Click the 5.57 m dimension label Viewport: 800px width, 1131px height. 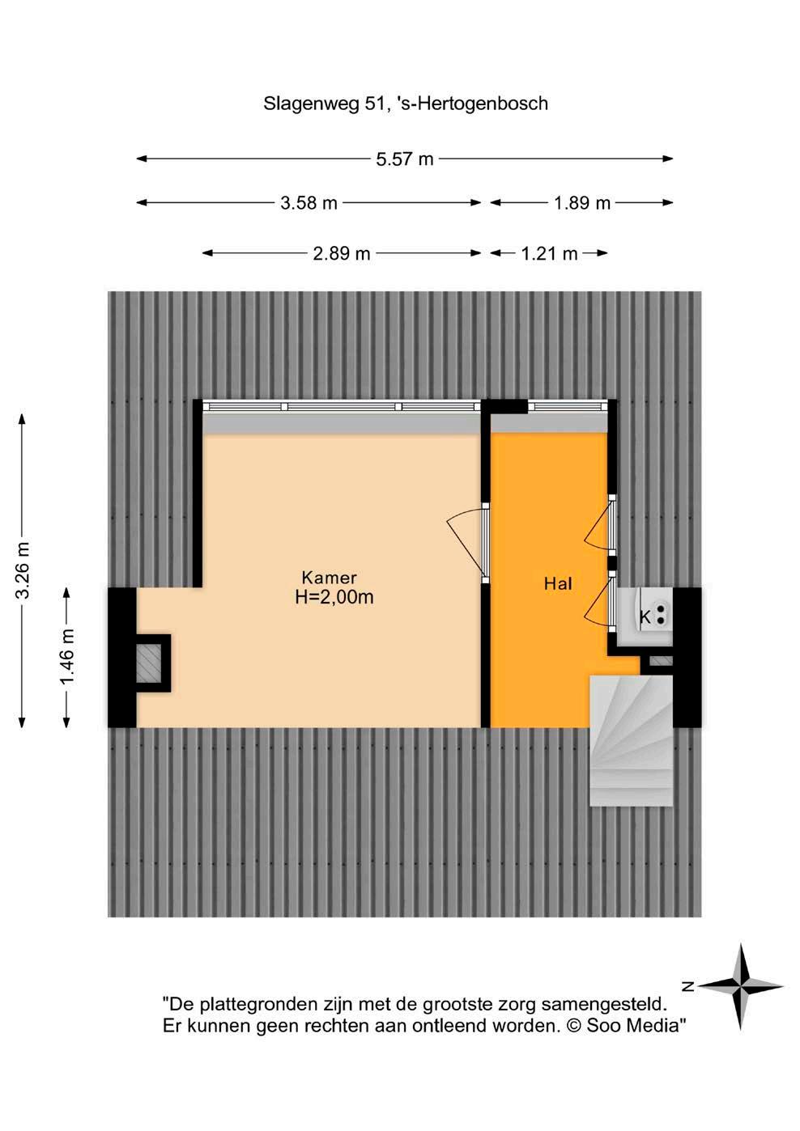pos(405,159)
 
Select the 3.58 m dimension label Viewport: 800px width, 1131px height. pos(309,203)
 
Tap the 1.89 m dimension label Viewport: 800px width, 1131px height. pos(582,203)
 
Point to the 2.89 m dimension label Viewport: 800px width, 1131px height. pos(342,253)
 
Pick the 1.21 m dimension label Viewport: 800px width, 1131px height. pos(549,253)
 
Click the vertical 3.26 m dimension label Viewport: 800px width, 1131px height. pos(23,570)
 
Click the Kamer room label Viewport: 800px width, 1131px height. pos(329,578)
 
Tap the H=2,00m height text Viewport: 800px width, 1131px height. pos(334,597)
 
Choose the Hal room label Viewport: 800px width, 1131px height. pos(559,584)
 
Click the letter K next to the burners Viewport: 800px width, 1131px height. pos(645,616)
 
